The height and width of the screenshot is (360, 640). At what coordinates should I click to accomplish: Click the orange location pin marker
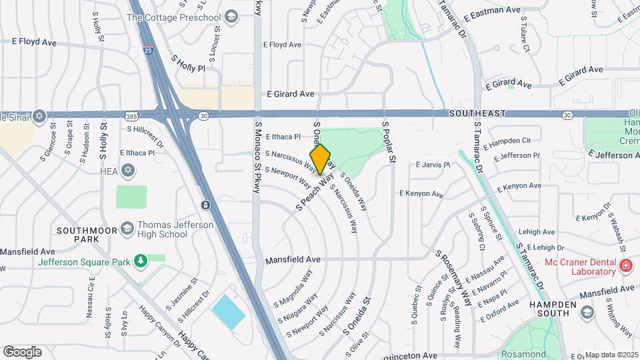320,159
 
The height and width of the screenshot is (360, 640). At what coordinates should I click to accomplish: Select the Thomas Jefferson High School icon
126,229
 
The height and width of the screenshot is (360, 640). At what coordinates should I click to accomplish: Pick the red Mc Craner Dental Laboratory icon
625,267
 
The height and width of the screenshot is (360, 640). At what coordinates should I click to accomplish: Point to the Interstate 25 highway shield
148,49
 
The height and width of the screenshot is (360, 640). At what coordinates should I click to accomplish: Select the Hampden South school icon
587,312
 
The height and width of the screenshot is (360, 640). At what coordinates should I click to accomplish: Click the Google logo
22,351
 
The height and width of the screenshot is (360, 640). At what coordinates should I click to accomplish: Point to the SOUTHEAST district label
477,114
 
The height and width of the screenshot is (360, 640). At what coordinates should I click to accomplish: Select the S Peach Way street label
314,193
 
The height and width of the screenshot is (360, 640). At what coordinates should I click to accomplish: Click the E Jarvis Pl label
433,164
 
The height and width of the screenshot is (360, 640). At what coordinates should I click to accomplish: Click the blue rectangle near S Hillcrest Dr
229,311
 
